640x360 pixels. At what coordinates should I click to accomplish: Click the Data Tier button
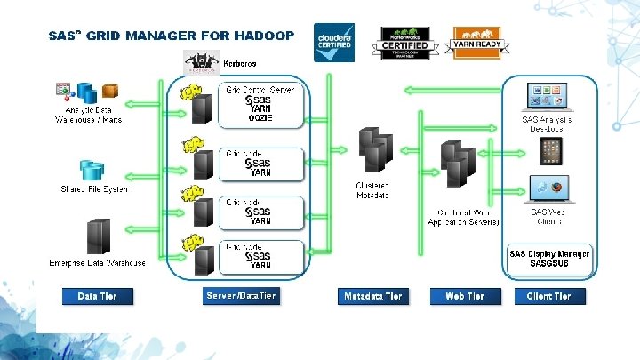coord(97,296)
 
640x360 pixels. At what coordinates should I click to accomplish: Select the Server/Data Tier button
coord(240,296)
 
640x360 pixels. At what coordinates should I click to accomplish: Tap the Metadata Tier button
coord(372,296)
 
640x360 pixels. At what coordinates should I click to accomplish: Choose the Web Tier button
coord(465,296)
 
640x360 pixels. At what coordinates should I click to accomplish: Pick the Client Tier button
coord(548,296)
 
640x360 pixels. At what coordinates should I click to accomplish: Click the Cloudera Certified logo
coord(334,43)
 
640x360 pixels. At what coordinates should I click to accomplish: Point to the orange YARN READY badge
coord(479,41)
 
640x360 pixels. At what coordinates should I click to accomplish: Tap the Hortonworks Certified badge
coord(404,43)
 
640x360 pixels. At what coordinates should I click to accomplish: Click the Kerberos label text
coord(240,63)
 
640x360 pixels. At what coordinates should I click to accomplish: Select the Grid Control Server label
coord(259,91)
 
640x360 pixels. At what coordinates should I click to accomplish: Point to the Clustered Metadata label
coord(372,190)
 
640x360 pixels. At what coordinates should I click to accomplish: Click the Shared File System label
coord(95,189)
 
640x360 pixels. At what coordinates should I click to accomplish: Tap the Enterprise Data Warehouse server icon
coord(97,237)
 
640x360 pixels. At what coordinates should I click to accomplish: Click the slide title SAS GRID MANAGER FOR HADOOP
coord(172,36)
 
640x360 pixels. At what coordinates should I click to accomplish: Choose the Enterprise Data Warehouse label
coord(97,262)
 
